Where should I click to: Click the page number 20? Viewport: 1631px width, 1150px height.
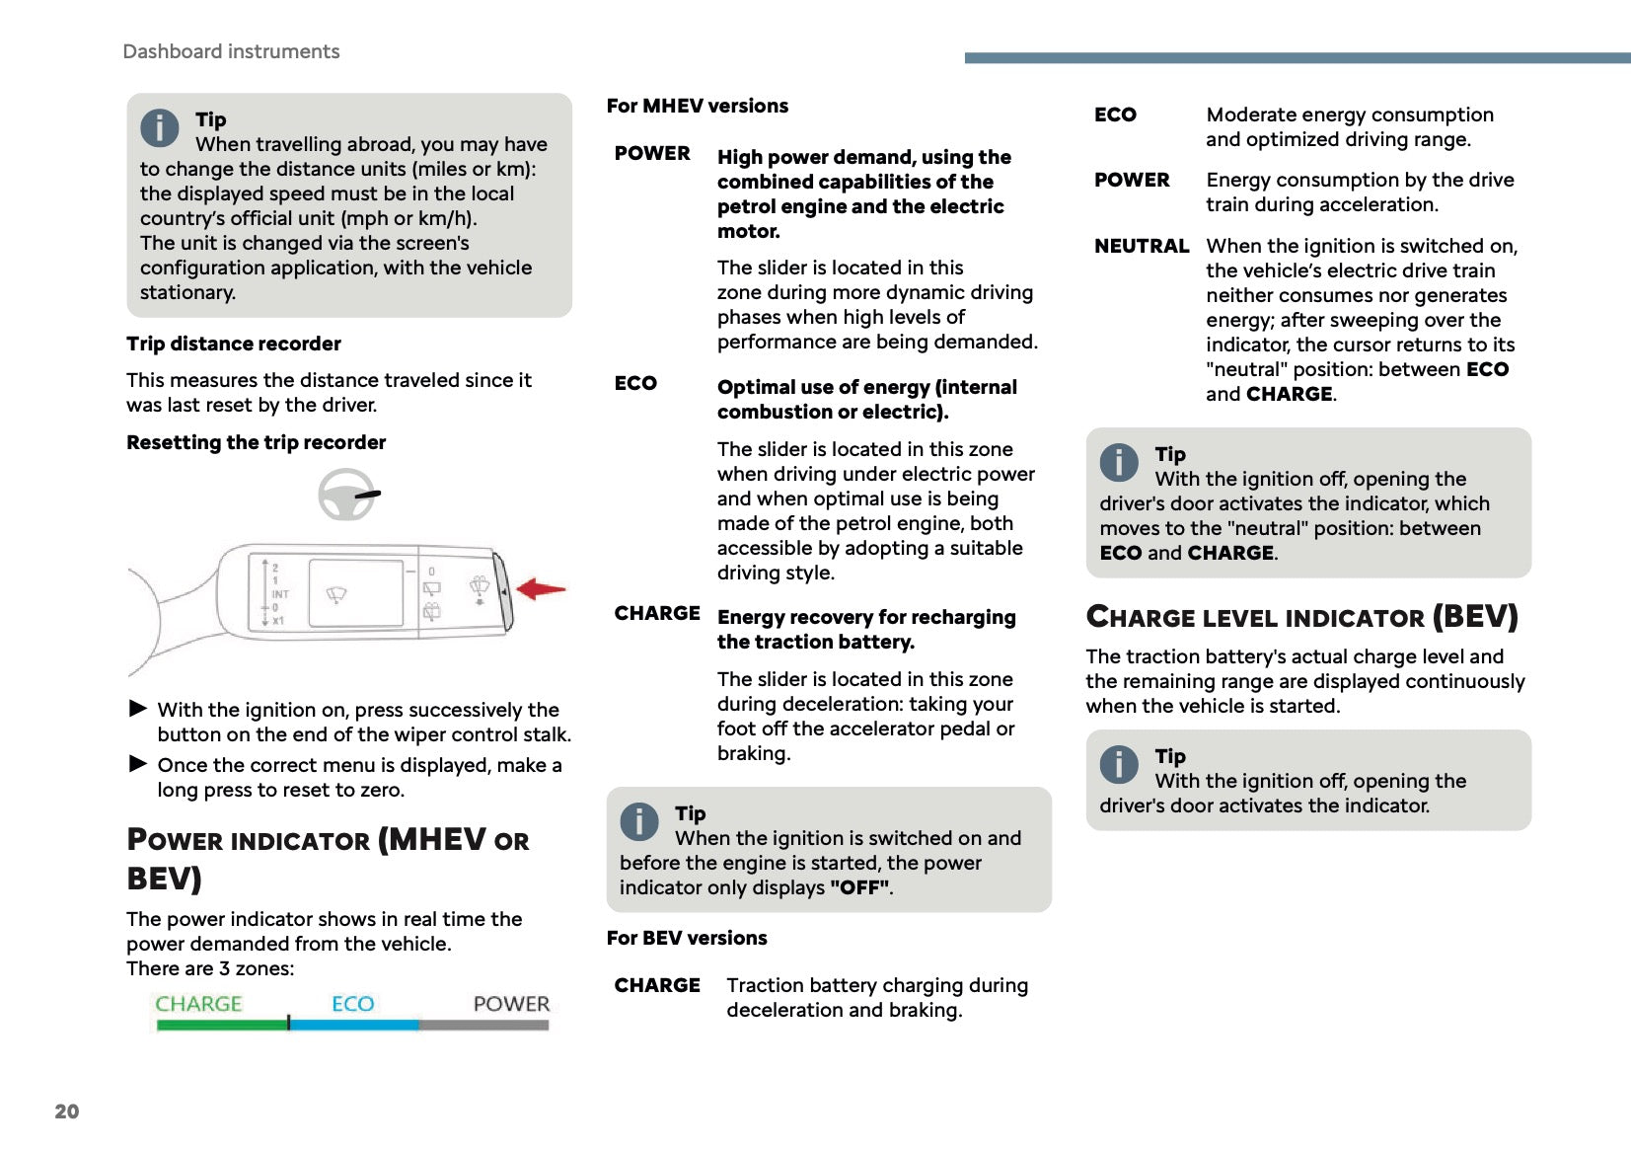(x=66, y=1112)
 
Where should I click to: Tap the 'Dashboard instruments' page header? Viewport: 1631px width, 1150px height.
(x=231, y=51)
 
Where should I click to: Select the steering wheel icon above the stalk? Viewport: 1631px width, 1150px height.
(x=346, y=495)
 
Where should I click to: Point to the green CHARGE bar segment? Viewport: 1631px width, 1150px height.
(x=221, y=1026)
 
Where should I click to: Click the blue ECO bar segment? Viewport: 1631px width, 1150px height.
(x=354, y=1026)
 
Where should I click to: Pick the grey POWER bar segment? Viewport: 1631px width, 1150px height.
(x=483, y=1026)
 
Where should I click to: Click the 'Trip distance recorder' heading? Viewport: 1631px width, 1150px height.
(x=234, y=344)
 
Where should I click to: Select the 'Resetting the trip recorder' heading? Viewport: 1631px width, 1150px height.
(x=256, y=442)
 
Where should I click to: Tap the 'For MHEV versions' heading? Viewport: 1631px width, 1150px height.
(x=697, y=106)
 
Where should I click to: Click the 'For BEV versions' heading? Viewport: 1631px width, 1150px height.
(x=686, y=938)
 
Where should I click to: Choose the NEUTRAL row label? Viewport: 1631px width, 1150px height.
(x=1141, y=246)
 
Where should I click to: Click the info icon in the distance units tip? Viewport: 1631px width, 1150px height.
(x=159, y=127)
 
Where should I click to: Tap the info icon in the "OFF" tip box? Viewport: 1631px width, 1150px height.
(x=638, y=821)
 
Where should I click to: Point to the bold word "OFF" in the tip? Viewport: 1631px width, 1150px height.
(x=859, y=887)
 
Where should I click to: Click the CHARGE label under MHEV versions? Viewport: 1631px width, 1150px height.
(x=656, y=613)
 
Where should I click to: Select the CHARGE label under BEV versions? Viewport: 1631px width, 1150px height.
(x=656, y=985)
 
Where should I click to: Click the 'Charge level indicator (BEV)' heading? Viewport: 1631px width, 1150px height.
(x=1300, y=617)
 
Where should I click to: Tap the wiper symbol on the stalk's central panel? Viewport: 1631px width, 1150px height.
(x=336, y=594)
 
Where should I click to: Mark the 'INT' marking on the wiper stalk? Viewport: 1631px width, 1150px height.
(x=280, y=594)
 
